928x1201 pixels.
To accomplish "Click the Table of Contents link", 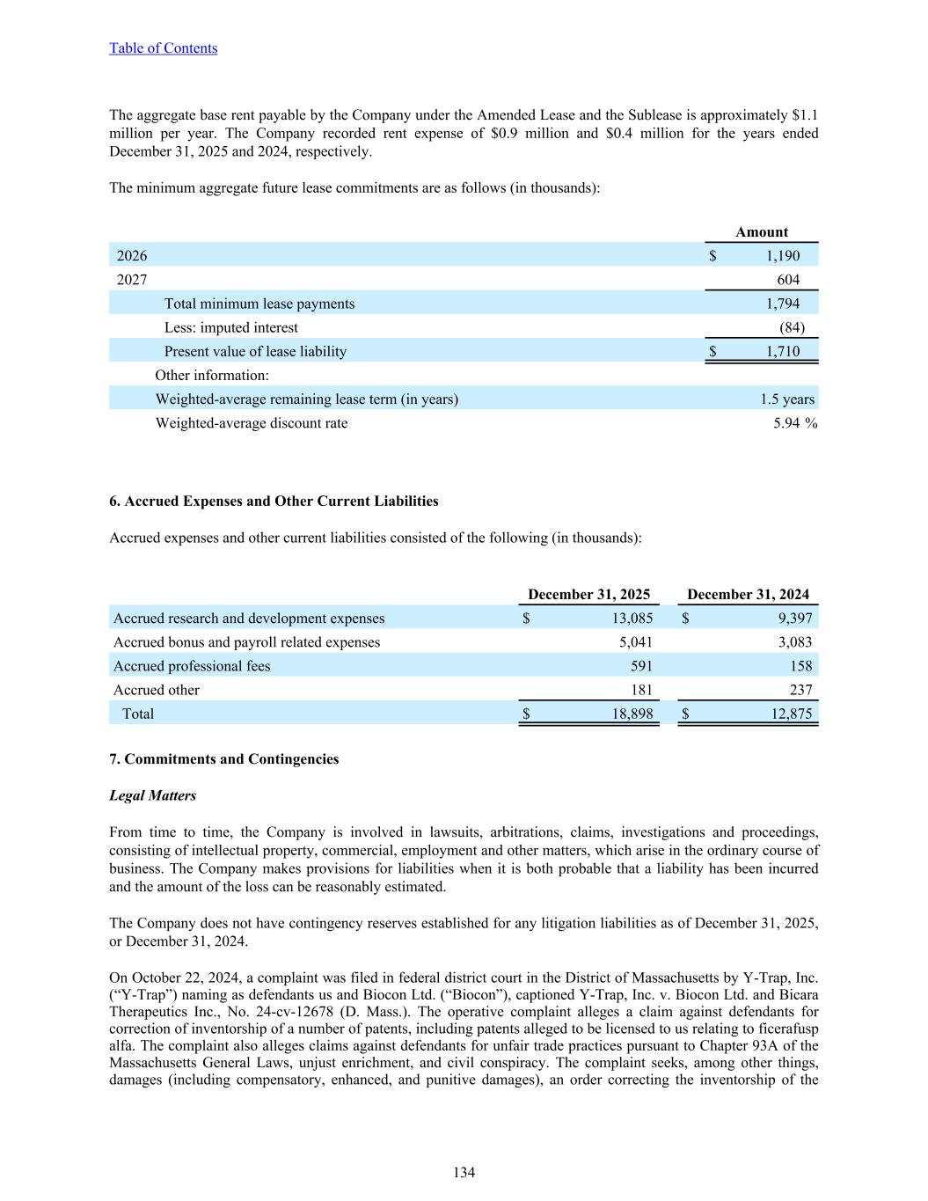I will pyautogui.click(x=163, y=48).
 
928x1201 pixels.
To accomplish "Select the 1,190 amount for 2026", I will pyautogui.click(x=782, y=256).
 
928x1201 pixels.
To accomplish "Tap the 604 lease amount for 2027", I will pyautogui.click(x=788, y=280).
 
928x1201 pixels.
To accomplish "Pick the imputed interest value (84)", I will pyautogui.click(x=792, y=327).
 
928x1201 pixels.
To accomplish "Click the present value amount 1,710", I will pyautogui.click(x=782, y=351).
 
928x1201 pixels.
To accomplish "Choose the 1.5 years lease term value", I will pyautogui.click(x=786, y=399).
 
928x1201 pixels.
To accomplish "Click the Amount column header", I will pyautogui.click(x=761, y=232).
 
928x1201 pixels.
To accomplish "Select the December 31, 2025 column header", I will pyautogui.click(x=588, y=595).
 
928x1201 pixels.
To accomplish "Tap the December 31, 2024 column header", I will pyautogui.click(x=748, y=595).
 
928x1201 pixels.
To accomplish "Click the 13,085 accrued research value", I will pyautogui.click(x=632, y=619).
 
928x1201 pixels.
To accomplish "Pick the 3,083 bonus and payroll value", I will pyautogui.click(x=794, y=642).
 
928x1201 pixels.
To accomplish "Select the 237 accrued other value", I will pyautogui.click(x=800, y=690).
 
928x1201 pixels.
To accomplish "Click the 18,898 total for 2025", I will pyautogui.click(x=632, y=714).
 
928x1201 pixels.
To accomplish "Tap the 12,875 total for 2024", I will pyautogui.click(x=791, y=714).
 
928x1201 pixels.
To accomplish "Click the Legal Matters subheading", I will pyautogui.click(x=152, y=795).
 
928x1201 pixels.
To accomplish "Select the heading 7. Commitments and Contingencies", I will pyautogui.click(x=223, y=759).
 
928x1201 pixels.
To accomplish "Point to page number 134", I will pyautogui.click(x=464, y=1172).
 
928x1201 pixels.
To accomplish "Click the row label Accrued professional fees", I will pyautogui.click(x=192, y=666).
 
